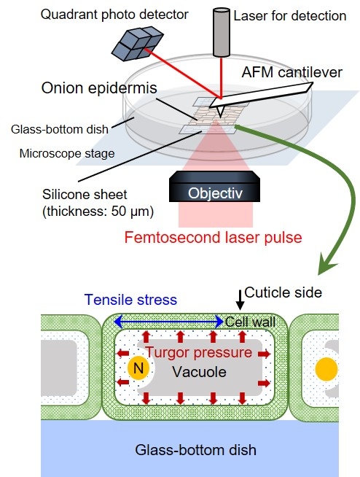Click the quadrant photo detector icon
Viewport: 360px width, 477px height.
point(137,43)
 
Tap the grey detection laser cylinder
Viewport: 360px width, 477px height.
point(222,33)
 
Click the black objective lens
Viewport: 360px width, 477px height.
point(214,187)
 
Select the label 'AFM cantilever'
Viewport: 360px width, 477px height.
point(292,72)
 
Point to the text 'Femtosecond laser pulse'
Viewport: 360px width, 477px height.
point(213,237)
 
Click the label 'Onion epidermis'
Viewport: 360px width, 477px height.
point(99,88)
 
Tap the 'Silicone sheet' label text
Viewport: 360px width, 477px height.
point(85,195)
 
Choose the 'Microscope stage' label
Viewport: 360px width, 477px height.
point(67,153)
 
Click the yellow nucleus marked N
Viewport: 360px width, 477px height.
point(138,368)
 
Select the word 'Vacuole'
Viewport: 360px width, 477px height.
point(199,372)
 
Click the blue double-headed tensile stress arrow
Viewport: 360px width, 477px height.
point(169,322)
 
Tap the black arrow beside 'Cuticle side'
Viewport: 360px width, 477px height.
point(240,300)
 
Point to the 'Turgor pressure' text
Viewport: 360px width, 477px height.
point(199,352)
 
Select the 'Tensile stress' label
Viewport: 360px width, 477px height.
point(130,300)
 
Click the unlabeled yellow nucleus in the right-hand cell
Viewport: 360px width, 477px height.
point(326,369)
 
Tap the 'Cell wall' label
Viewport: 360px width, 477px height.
point(250,322)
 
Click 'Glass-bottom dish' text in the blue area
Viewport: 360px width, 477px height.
point(195,450)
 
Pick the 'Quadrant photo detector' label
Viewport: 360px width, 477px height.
point(114,15)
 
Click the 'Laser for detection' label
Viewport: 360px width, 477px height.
point(290,16)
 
